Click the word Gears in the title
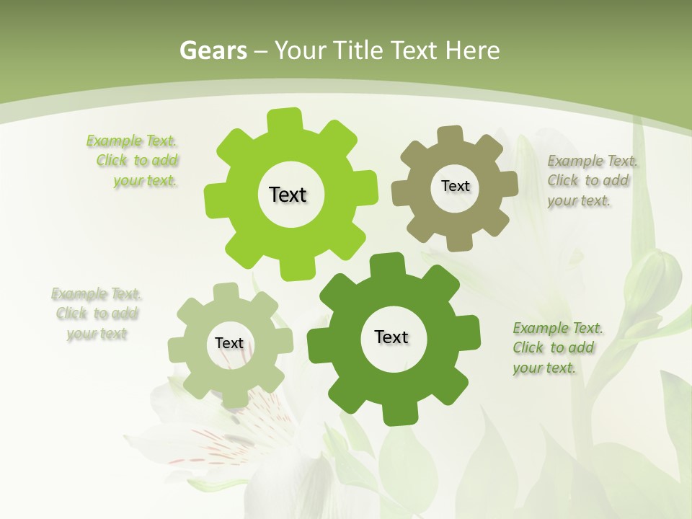coord(213,50)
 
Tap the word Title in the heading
coord(358,50)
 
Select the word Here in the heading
coord(472,50)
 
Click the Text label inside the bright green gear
coord(288,195)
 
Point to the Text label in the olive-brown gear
coord(455,186)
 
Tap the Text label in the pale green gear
coord(229,343)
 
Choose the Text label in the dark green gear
coord(391,337)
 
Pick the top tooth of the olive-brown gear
coord(450,136)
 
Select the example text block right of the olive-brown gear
coord(589,180)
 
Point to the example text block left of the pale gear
coord(97,314)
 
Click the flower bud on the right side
coord(652,278)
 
